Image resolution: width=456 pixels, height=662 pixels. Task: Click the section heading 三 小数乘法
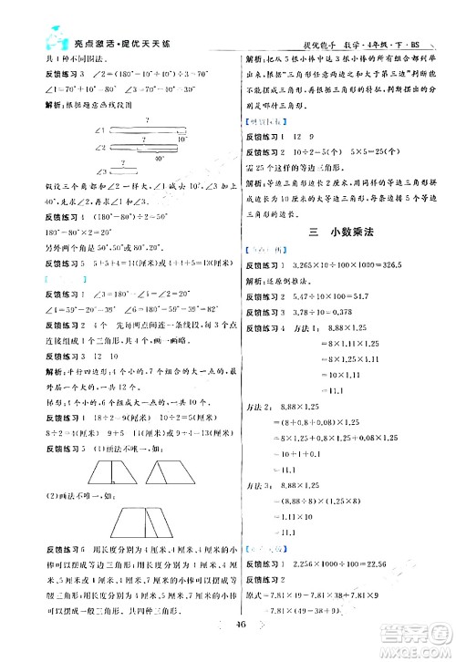337,234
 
